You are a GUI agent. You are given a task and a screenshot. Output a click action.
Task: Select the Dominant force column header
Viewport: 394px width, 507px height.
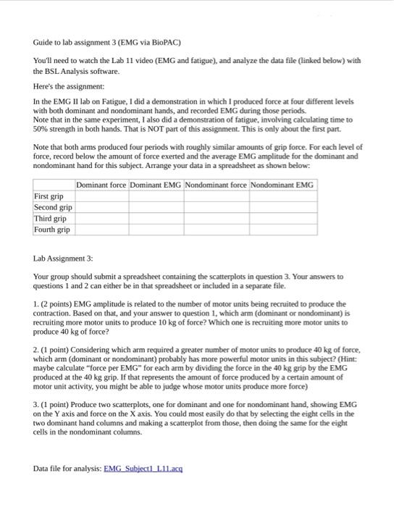pos(101,185)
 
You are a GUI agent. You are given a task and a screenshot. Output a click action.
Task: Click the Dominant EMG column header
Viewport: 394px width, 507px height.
pos(155,185)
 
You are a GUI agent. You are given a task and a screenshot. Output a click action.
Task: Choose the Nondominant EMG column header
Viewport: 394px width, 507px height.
pos(282,185)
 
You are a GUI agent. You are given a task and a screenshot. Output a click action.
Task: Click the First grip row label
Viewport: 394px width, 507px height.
pos(49,196)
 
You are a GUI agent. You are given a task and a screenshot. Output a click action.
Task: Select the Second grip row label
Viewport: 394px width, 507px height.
pos(53,207)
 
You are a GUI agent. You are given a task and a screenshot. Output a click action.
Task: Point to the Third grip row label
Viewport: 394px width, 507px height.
pos(50,218)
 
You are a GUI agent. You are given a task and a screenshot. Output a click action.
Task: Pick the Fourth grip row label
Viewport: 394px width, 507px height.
pos(52,230)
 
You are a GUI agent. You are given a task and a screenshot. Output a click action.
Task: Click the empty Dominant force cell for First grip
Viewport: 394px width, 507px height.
pos(101,196)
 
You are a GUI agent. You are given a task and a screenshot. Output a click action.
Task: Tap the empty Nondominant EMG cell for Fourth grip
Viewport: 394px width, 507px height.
pos(282,230)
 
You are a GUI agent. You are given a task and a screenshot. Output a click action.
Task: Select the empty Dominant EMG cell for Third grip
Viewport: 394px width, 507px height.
pos(155,218)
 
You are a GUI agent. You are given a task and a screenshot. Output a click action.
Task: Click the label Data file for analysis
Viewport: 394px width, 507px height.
pos(67,469)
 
